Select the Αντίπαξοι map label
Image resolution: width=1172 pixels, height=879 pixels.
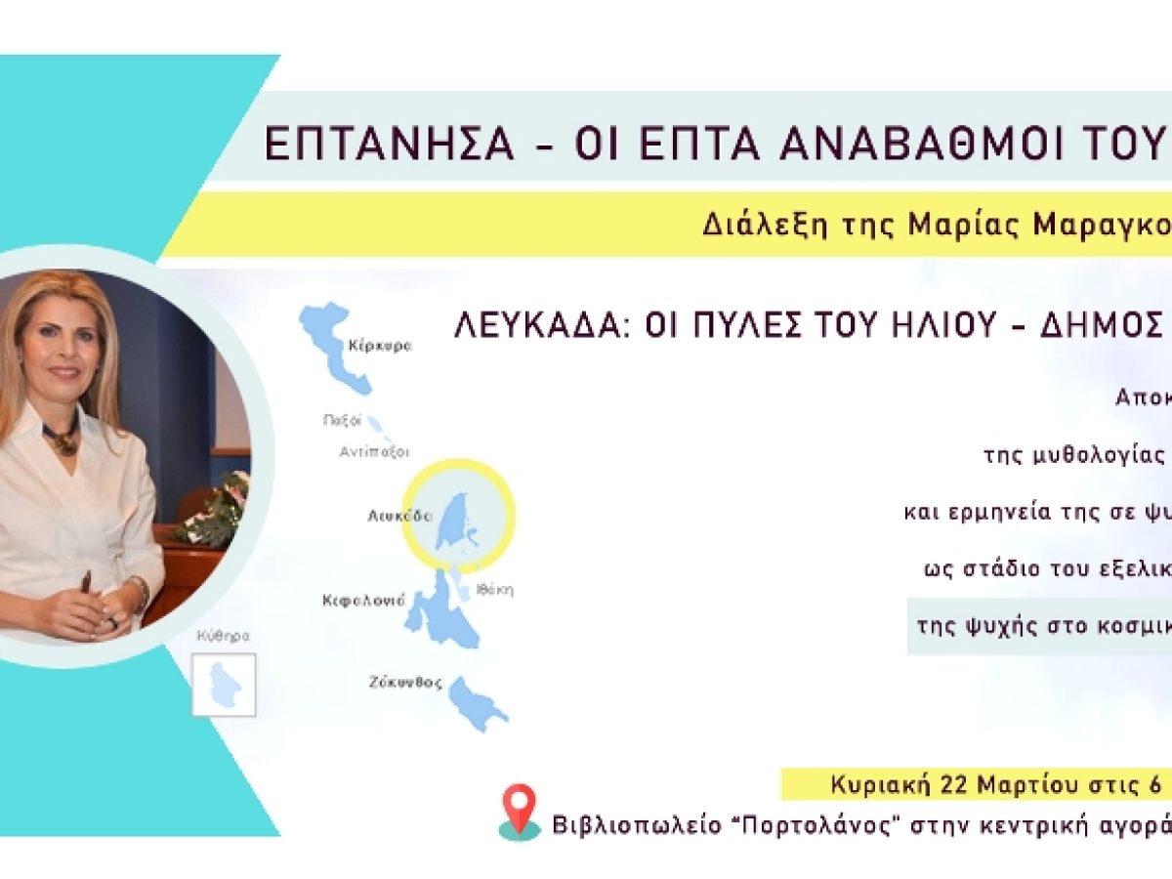[374, 452]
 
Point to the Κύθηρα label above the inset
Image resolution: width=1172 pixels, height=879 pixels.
[224, 636]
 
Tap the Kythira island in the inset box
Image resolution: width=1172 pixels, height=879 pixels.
[225, 685]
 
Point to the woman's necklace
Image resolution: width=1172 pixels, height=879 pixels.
[61, 438]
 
